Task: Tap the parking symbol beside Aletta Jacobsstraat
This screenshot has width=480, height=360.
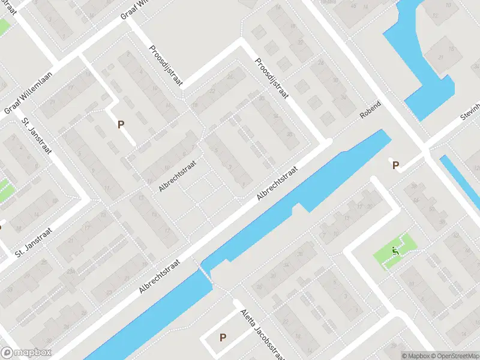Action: tap(223, 338)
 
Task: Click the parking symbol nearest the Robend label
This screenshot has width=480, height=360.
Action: tap(395, 166)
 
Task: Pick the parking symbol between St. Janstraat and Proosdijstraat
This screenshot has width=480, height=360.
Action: tap(121, 125)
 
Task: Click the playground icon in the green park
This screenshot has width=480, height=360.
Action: tap(395, 250)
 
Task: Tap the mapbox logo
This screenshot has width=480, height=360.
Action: tap(26, 353)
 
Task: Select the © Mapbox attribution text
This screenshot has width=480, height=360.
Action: tap(416, 356)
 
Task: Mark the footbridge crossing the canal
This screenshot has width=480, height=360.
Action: tap(207, 274)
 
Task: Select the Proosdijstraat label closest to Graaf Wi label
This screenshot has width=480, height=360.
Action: tap(166, 67)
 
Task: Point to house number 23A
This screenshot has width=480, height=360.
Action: tap(70, 272)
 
